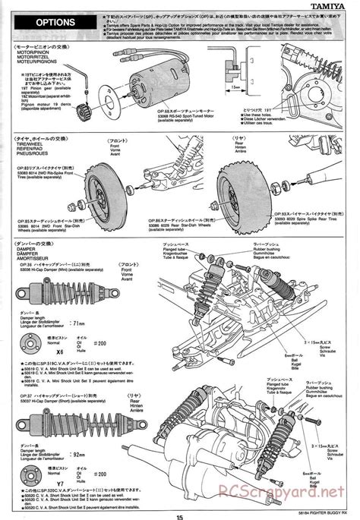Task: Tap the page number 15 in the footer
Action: point(180,515)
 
